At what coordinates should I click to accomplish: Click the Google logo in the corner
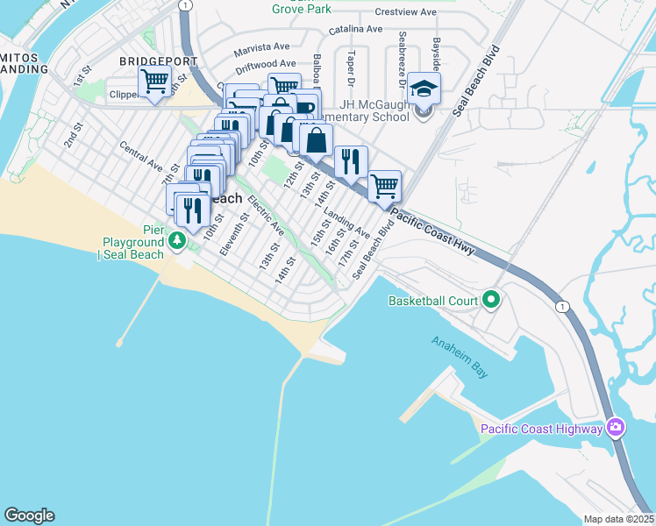[29, 515]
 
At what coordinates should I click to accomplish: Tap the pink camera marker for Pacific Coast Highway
[617, 427]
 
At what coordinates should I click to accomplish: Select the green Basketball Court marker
[491, 301]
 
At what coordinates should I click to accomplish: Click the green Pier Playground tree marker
[178, 239]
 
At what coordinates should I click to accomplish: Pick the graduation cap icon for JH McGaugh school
[424, 90]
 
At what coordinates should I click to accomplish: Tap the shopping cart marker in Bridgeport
[155, 82]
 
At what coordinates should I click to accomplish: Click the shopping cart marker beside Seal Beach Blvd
[384, 186]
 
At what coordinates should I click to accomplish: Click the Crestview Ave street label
[405, 12]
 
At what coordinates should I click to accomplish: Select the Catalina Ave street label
[356, 29]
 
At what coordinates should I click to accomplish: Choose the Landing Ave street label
[346, 223]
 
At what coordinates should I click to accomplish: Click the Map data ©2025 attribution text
[619, 519]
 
